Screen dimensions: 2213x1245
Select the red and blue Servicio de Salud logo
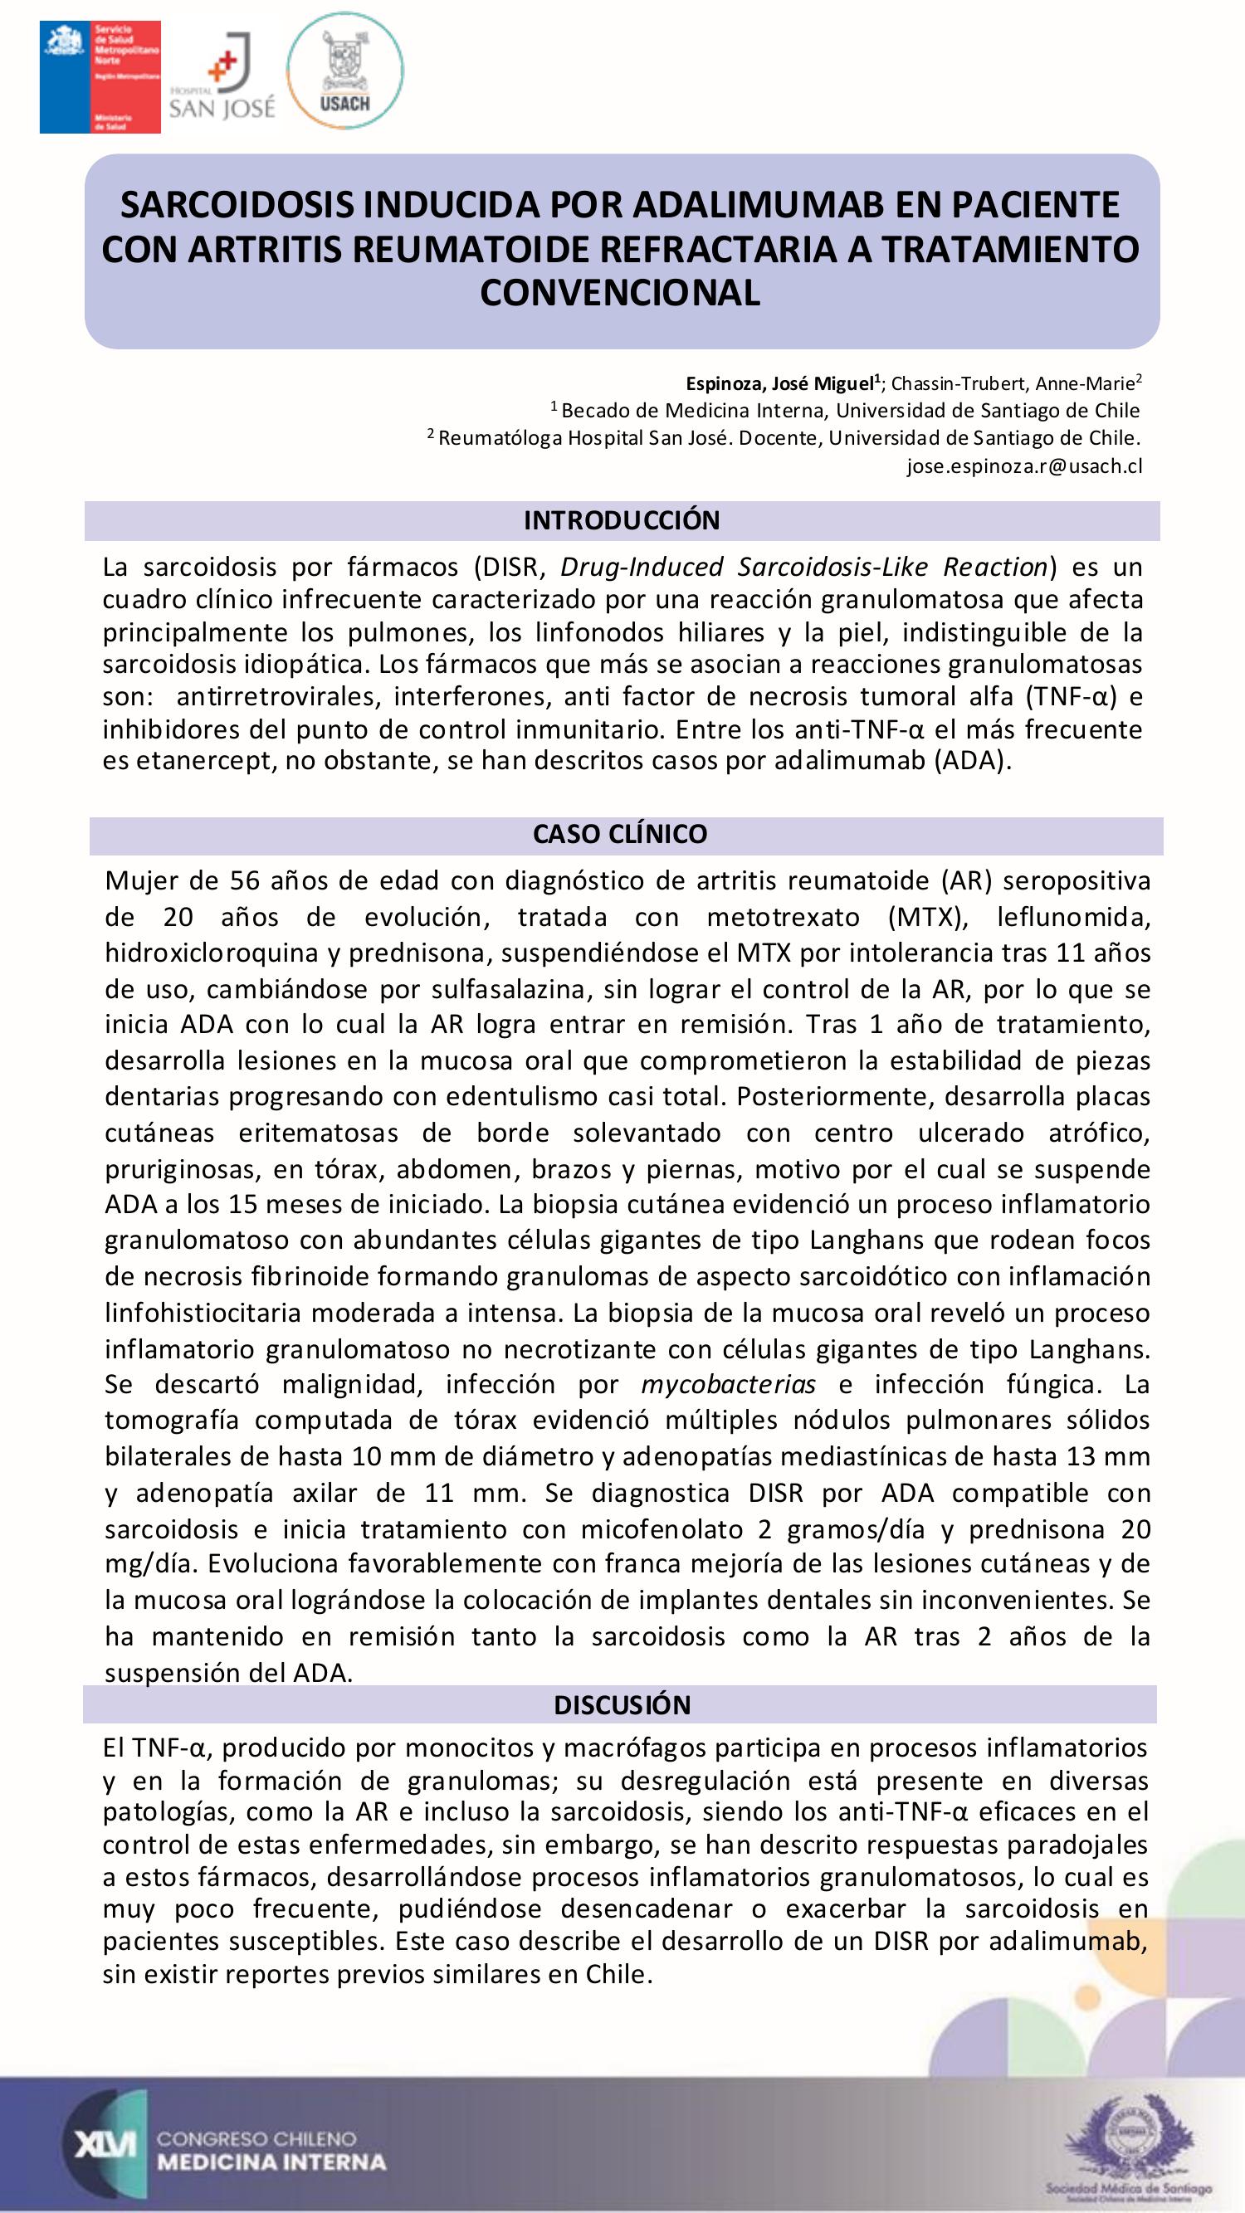click(100, 77)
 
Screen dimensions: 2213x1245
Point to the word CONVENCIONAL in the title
click(620, 293)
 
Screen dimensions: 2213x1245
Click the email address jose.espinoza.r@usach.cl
click(1024, 466)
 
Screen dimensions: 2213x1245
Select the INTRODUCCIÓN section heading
click(621, 520)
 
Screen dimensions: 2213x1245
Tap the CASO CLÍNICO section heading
click(619, 834)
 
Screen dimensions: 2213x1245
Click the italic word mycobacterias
click(729, 1384)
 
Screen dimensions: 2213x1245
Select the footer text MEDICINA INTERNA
click(271, 2162)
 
